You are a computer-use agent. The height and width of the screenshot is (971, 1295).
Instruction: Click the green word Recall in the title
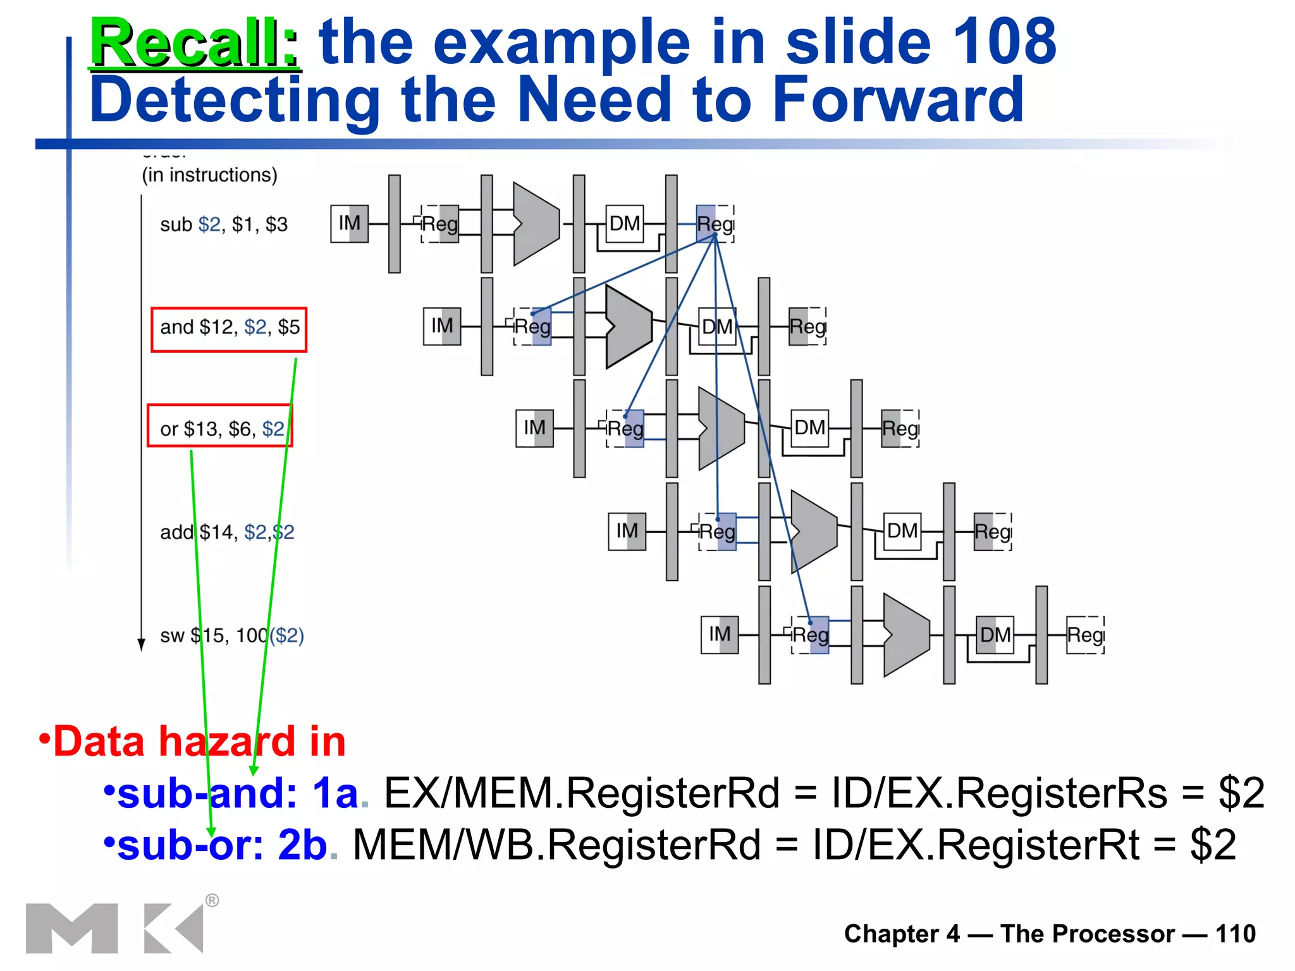click(x=193, y=43)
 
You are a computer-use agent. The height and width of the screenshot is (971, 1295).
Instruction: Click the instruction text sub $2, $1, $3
click(x=224, y=224)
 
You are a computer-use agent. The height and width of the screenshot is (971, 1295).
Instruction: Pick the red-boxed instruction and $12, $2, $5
click(x=229, y=327)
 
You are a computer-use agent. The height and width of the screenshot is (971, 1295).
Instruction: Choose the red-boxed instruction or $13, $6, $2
click(x=221, y=429)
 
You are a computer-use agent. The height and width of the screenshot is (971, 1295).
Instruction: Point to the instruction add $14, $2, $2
click(x=226, y=532)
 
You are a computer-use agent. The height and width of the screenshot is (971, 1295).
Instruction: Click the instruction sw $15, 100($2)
click(x=231, y=635)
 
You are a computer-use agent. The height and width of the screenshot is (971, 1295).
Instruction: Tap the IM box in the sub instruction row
click(x=349, y=224)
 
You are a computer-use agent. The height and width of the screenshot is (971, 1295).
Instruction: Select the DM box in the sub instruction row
click(x=624, y=224)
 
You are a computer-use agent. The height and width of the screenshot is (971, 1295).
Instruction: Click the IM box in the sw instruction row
click(x=719, y=634)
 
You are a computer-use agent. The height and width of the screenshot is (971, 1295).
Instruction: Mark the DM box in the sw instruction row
click(x=995, y=634)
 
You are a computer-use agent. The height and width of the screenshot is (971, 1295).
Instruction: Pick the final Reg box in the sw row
click(x=1085, y=634)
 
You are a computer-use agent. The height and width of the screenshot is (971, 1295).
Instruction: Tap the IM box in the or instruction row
click(x=534, y=428)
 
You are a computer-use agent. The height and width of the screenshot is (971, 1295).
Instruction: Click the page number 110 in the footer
click(x=1235, y=934)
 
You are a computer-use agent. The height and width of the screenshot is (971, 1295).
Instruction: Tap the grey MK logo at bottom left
click(x=114, y=927)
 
